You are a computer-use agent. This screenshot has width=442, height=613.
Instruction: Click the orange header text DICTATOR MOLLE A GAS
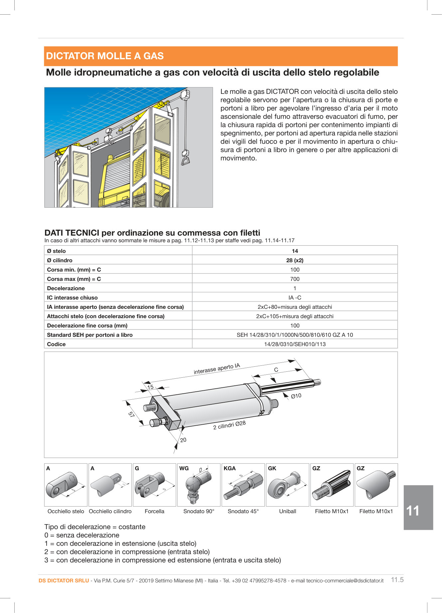click(x=105, y=56)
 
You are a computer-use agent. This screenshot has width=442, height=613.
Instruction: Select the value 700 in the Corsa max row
click(x=295, y=279)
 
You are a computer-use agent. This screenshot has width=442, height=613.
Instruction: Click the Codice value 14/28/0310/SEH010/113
click(x=295, y=344)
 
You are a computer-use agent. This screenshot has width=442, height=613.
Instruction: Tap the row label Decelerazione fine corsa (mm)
click(x=87, y=325)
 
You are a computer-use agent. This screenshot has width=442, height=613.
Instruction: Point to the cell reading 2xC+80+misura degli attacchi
click(x=295, y=307)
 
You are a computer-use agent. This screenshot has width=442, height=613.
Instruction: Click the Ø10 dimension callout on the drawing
click(x=296, y=396)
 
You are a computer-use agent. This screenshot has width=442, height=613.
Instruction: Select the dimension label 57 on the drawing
click(x=131, y=415)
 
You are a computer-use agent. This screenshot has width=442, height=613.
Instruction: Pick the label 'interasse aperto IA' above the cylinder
click(x=217, y=369)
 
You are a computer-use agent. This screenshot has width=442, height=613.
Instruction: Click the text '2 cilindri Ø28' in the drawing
click(x=229, y=425)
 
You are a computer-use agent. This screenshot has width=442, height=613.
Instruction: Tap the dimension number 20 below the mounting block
click(x=183, y=440)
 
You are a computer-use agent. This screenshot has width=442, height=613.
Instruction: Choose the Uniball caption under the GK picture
click(x=288, y=511)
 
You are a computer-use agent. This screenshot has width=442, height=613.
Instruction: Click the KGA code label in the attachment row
click(x=230, y=468)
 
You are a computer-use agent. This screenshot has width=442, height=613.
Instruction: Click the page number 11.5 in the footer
click(x=397, y=580)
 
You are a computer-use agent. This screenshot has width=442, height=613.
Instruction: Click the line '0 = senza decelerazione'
click(x=82, y=535)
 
